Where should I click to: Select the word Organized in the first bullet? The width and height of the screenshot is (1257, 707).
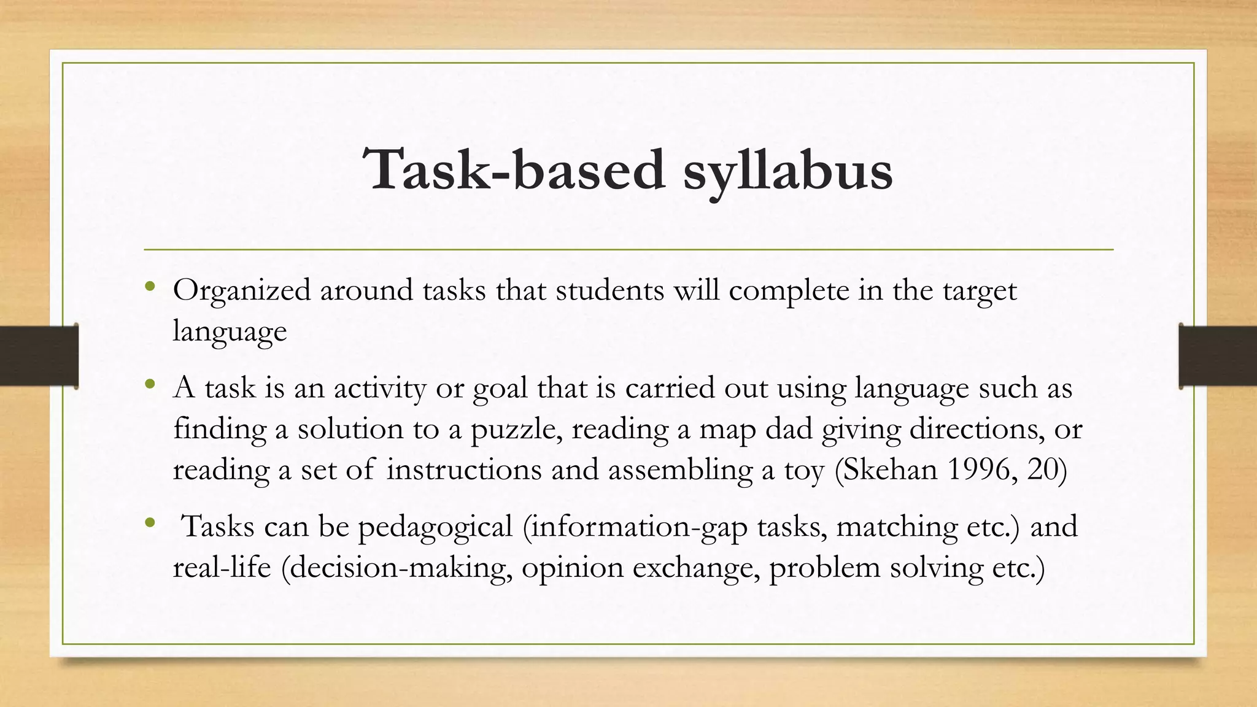pyautogui.click(x=242, y=291)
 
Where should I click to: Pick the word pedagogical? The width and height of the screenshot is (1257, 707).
pyautogui.click(x=435, y=527)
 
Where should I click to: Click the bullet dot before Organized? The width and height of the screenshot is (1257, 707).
pyautogui.click(x=150, y=287)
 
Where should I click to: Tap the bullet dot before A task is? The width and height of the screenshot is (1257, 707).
pyautogui.click(x=150, y=385)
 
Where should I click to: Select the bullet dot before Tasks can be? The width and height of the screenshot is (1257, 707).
pyautogui.click(x=150, y=523)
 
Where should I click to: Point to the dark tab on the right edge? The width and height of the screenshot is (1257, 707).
pyautogui.click(x=1218, y=356)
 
